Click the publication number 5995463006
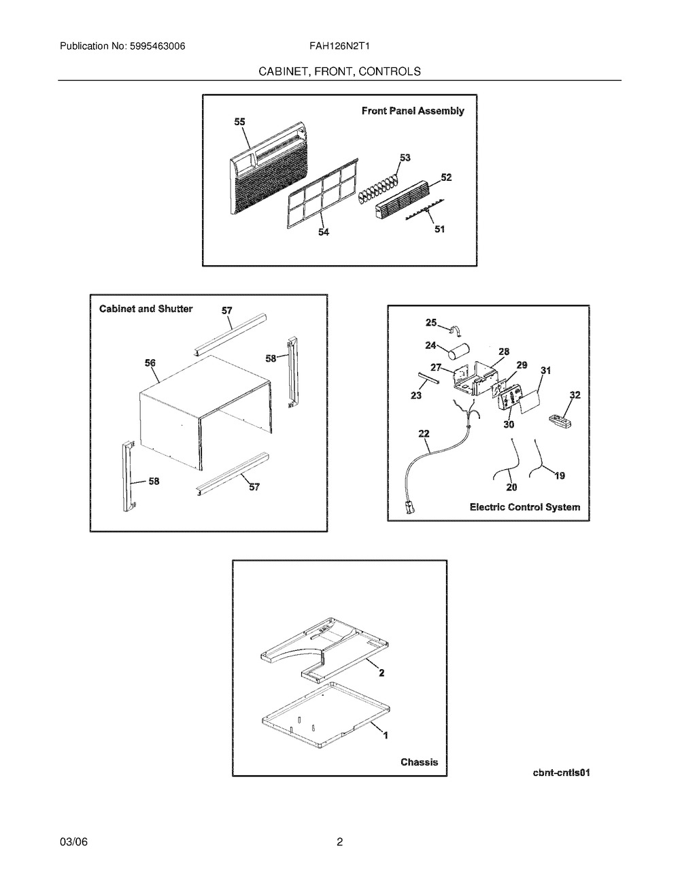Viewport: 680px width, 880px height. click(x=158, y=46)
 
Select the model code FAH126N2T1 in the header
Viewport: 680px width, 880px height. click(x=339, y=46)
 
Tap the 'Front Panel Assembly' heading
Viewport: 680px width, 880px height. click(x=413, y=111)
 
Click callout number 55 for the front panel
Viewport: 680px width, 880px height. click(x=239, y=122)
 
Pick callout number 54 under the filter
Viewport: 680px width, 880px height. click(x=324, y=232)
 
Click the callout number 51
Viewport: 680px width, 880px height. click(x=439, y=229)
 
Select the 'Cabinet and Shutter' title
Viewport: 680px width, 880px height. click(x=146, y=309)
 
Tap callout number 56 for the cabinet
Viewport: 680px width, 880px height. click(x=150, y=363)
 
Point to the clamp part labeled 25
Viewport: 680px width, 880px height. click(x=455, y=330)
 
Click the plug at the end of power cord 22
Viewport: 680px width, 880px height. click(x=410, y=508)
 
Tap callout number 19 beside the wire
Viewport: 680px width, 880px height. click(x=560, y=475)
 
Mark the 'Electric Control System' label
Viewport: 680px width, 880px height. click(x=525, y=507)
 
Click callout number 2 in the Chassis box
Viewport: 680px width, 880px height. click(x=381, y=673)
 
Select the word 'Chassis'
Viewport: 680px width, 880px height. click(x=420, y=762)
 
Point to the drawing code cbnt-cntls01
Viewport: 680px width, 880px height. click(x=562, y=773)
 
